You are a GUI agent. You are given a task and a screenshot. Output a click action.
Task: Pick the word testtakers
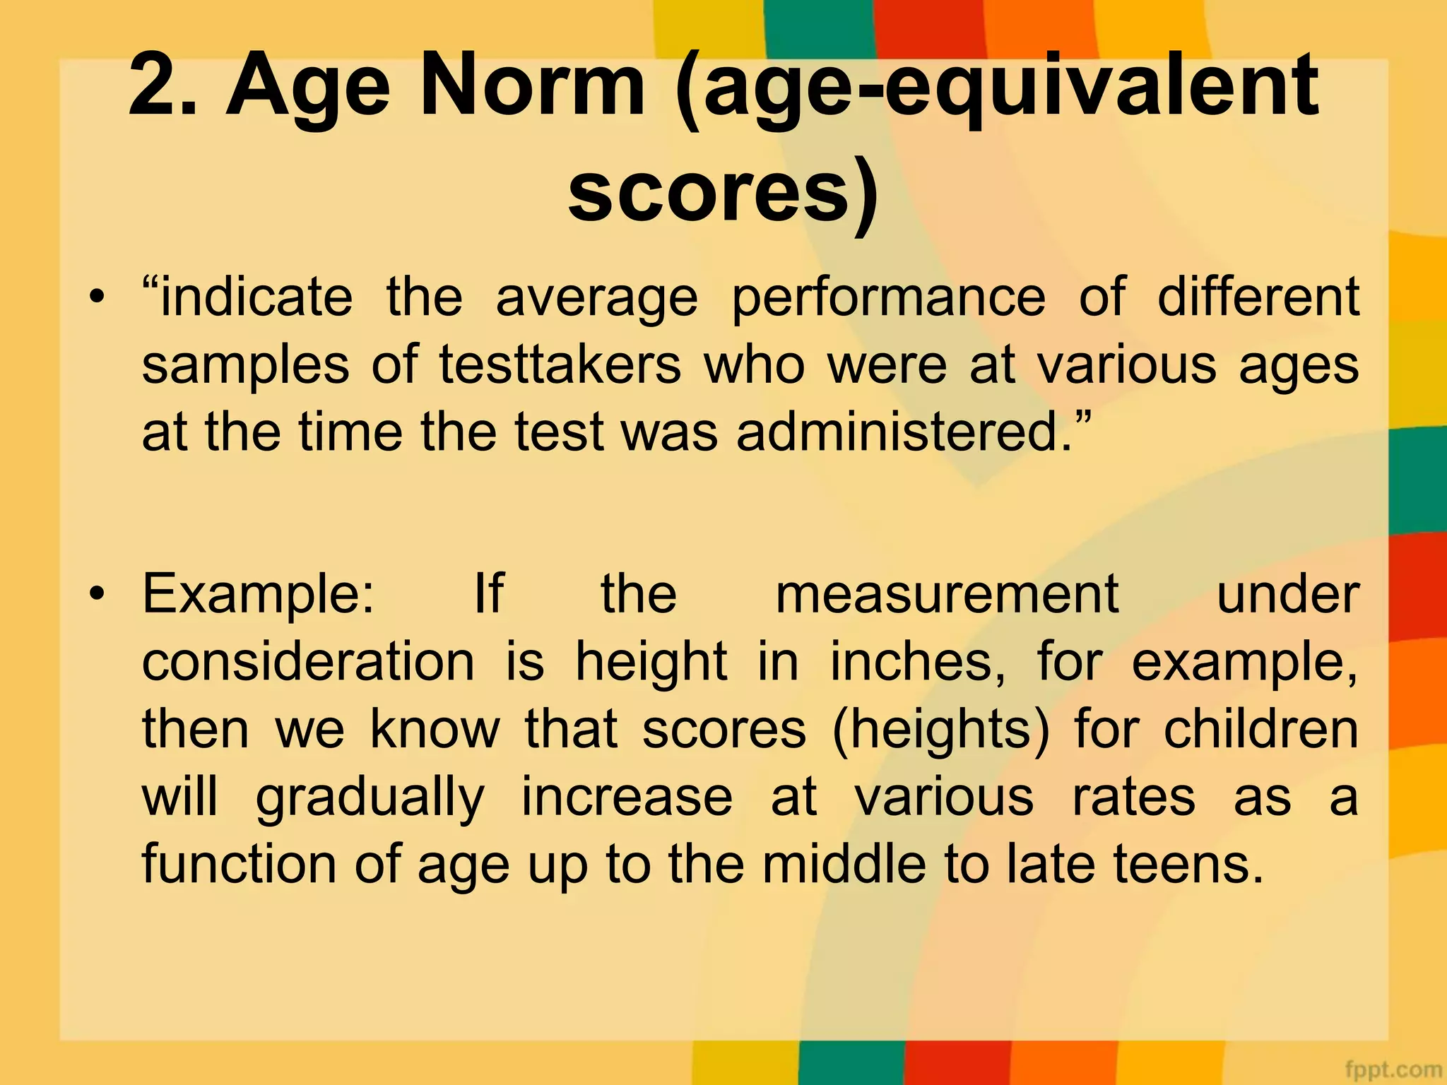coord(560,365)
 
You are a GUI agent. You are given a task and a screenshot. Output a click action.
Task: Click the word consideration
coord(309,662)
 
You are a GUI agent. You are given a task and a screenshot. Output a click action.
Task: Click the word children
coord(1261,729)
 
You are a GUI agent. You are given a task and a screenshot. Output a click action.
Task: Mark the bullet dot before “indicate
coord(97,296)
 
